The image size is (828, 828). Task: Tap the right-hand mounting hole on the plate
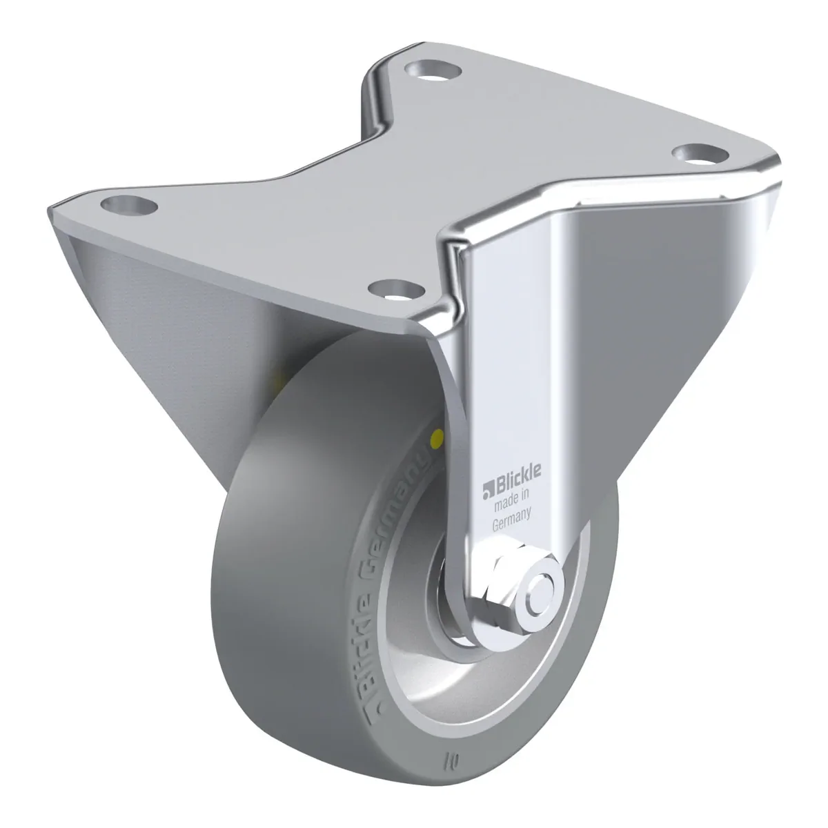click(700, 155)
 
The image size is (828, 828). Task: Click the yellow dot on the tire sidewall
click(438, 438)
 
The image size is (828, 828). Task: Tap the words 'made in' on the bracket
click(511, 500)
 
